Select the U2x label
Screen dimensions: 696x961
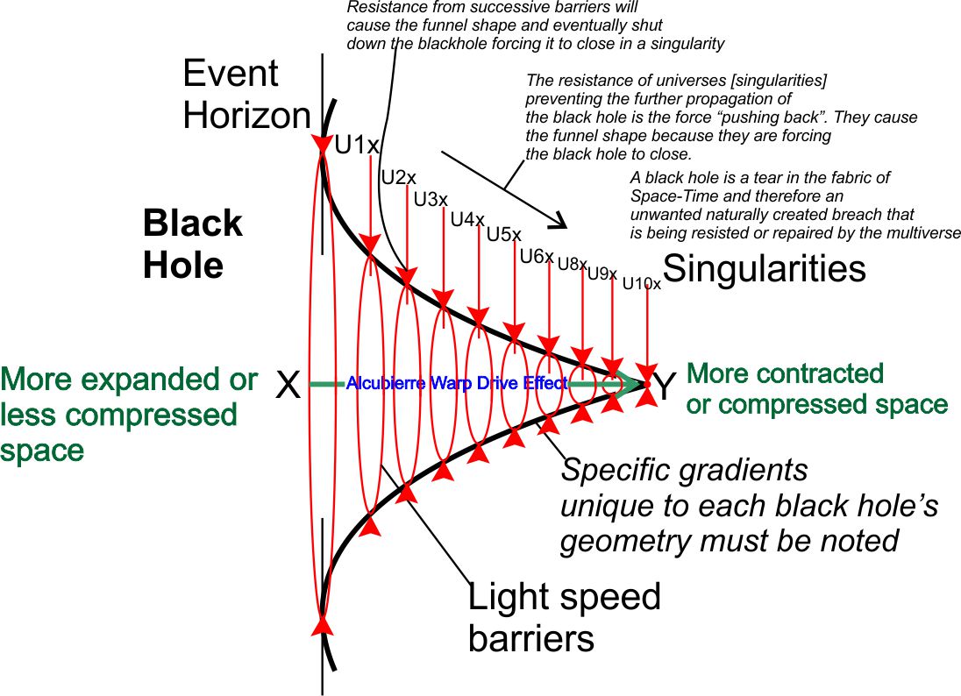[398, 178]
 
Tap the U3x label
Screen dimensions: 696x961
[431, 200]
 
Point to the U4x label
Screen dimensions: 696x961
[467, 219]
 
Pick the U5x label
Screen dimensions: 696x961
[504, 235]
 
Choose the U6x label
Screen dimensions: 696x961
[537, 257]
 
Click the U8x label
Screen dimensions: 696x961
[573, 264]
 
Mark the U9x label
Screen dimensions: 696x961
[602, 273]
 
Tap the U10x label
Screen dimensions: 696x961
[642, 284]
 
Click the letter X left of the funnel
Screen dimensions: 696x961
[288, 384]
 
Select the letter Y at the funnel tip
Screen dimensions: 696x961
[666, 386]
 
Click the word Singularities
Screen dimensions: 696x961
[765, 268]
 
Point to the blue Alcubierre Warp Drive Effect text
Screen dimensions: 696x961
[457, 383]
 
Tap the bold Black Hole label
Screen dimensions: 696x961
[192, 244]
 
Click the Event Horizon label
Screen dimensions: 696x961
[246, 95]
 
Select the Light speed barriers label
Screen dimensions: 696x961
[564, 618]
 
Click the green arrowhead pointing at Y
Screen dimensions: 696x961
[630, 383]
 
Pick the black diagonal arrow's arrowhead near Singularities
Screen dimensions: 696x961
[559, 220]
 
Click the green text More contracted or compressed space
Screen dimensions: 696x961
[816, 388]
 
